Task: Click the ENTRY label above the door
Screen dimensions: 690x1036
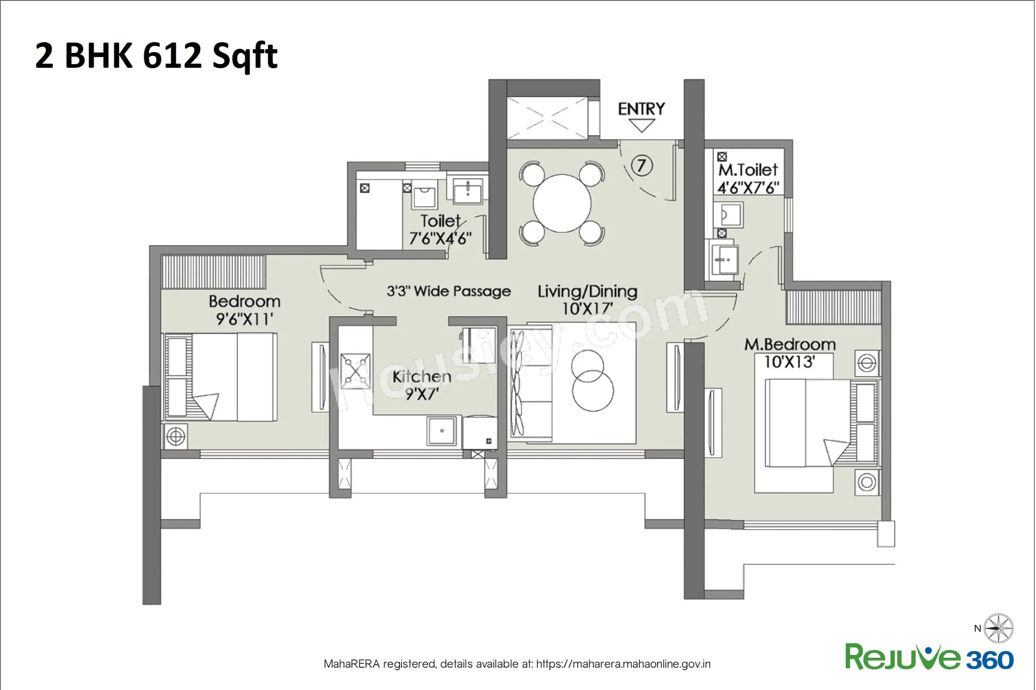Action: (641, 109)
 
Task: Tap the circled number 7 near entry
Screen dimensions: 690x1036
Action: (642, 165)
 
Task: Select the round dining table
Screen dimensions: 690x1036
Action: (562, 203)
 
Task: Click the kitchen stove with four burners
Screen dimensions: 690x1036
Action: (355, 370)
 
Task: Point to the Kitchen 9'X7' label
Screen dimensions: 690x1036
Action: (421, 384)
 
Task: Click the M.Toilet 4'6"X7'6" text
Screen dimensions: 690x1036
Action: (748, 179)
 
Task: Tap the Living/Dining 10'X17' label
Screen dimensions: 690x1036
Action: (588, 299)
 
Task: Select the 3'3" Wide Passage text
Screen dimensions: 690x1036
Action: (448, 291)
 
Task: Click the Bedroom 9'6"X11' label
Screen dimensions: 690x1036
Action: (244, 310)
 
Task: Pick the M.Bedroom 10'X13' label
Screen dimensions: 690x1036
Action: (790, 353)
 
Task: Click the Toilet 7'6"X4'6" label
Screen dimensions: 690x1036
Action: (440, 229)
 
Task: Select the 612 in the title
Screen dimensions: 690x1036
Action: (172, 56)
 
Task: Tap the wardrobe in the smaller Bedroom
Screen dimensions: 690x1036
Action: (213, 272)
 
